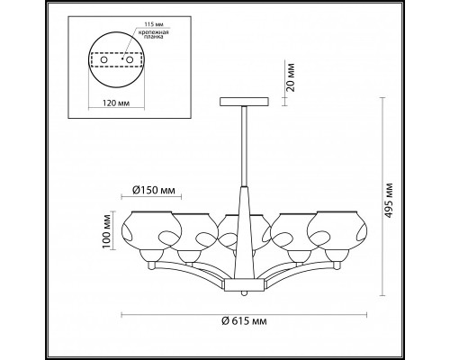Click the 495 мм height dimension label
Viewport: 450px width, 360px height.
[389, 200]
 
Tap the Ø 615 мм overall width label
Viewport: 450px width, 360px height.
[244, 321]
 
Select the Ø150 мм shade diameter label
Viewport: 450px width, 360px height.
[153, 190]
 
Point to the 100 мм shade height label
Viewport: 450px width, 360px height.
[106, 231]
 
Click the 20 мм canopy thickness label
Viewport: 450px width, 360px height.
[291, 77]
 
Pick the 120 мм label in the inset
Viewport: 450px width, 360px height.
[116, 103]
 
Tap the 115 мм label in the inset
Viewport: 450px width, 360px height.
[153, 24]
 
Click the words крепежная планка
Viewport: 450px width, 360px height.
[153, 34]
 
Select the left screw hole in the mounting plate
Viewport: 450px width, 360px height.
[103, 60]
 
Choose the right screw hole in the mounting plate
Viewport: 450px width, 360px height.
[130, 60]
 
